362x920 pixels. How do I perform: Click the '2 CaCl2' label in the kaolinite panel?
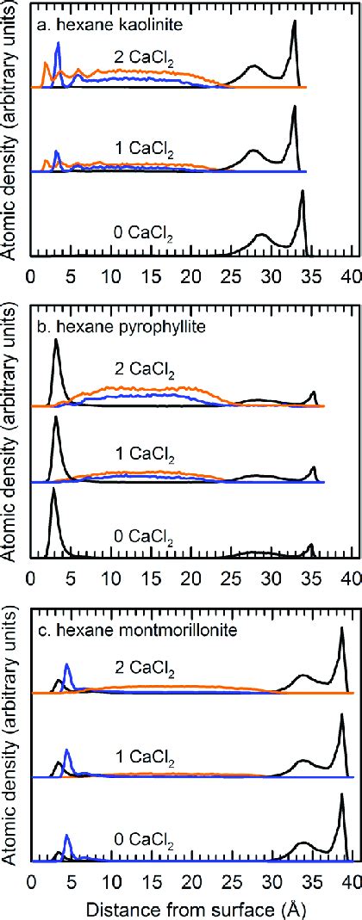click(141, 58)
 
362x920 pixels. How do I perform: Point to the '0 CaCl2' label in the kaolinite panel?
click(141, 231)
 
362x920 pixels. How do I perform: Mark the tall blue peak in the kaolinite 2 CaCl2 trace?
click(58, 45)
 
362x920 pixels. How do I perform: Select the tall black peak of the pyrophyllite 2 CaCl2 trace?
click(56, 342)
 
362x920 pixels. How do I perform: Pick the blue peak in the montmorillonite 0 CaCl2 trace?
click(68, 838)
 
